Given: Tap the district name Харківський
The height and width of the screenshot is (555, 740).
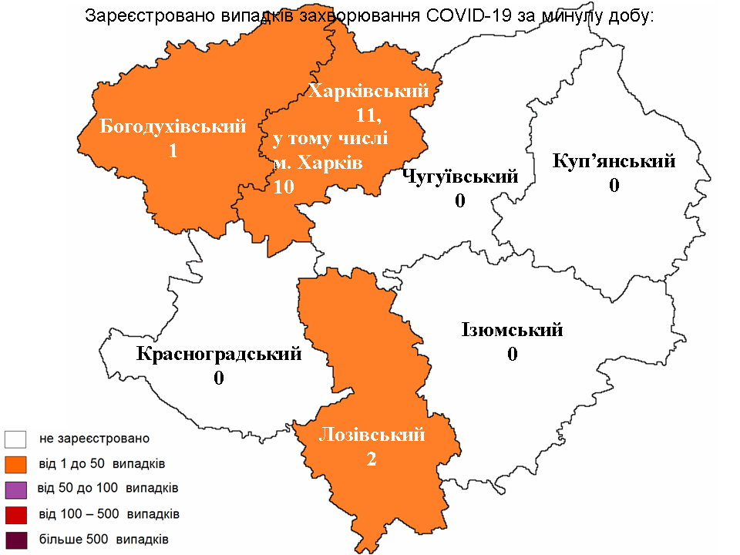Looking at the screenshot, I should (x=368, y=92).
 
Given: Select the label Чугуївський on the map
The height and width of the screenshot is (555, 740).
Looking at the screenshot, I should (x=460, y=177).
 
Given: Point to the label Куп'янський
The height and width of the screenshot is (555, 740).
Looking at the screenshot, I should (x=614, y=161).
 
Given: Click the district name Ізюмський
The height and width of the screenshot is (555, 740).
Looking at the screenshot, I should (x=512, y=331).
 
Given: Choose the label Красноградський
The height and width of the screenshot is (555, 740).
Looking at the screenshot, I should (x=219, y=355).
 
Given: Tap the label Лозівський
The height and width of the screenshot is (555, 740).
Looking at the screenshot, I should (x=372, y=435).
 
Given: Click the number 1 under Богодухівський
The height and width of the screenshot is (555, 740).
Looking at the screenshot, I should (x=173, y=151).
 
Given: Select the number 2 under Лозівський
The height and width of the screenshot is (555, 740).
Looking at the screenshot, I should (x=372, y=459).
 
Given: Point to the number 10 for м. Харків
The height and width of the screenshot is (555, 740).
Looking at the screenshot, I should (x=283, y=187).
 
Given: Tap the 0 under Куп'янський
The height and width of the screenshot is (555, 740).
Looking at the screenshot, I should (x=614, y=186).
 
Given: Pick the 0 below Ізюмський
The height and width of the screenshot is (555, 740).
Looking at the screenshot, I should (x=512, y=355).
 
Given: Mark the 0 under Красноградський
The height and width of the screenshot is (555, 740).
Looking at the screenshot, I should (x=219, y=378).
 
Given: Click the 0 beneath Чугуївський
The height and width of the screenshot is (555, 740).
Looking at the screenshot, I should (x=460, y=201).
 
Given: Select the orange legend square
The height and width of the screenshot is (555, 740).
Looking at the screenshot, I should (x=15, y=464).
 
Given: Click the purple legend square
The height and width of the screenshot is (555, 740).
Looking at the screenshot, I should (x=15, y=489).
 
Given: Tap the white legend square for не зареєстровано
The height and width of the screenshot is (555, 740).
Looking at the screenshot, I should (x=15, y=439).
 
